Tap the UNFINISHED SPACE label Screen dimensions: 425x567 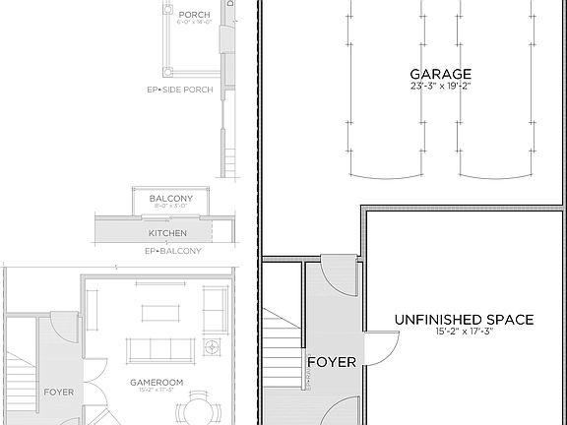[x=464, y=320]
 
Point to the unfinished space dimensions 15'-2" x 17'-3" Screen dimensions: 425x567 [x=464, y=333]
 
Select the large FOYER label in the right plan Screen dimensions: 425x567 [x=331, y=361]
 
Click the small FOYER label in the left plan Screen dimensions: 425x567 [x=59, y=392]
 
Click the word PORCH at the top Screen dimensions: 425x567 [x=191, y=15]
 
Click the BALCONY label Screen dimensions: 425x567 [x=170, y=199]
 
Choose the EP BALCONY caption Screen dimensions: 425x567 [x=172, y=251]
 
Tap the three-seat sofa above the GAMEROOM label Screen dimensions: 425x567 [x=160, y=350]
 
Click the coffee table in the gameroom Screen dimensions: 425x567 [x=160, y=313]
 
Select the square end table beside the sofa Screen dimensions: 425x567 [x=211, y=346]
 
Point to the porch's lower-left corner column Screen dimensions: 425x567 [x=168, y=72]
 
